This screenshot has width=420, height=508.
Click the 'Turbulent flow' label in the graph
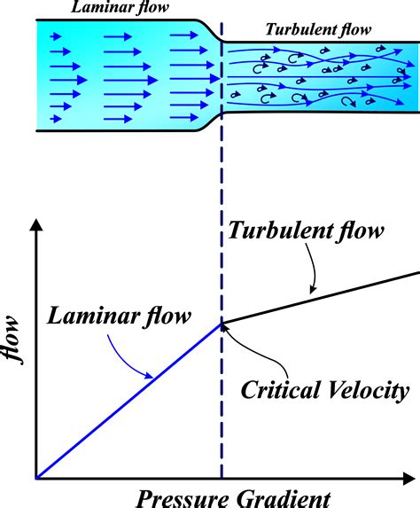pyautogui.click(x=306, y=233)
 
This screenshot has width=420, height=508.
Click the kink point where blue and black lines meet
pyautogui.click(x=222, y=323)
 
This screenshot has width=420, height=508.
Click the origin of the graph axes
pyautogui.click(x=36, y=478)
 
